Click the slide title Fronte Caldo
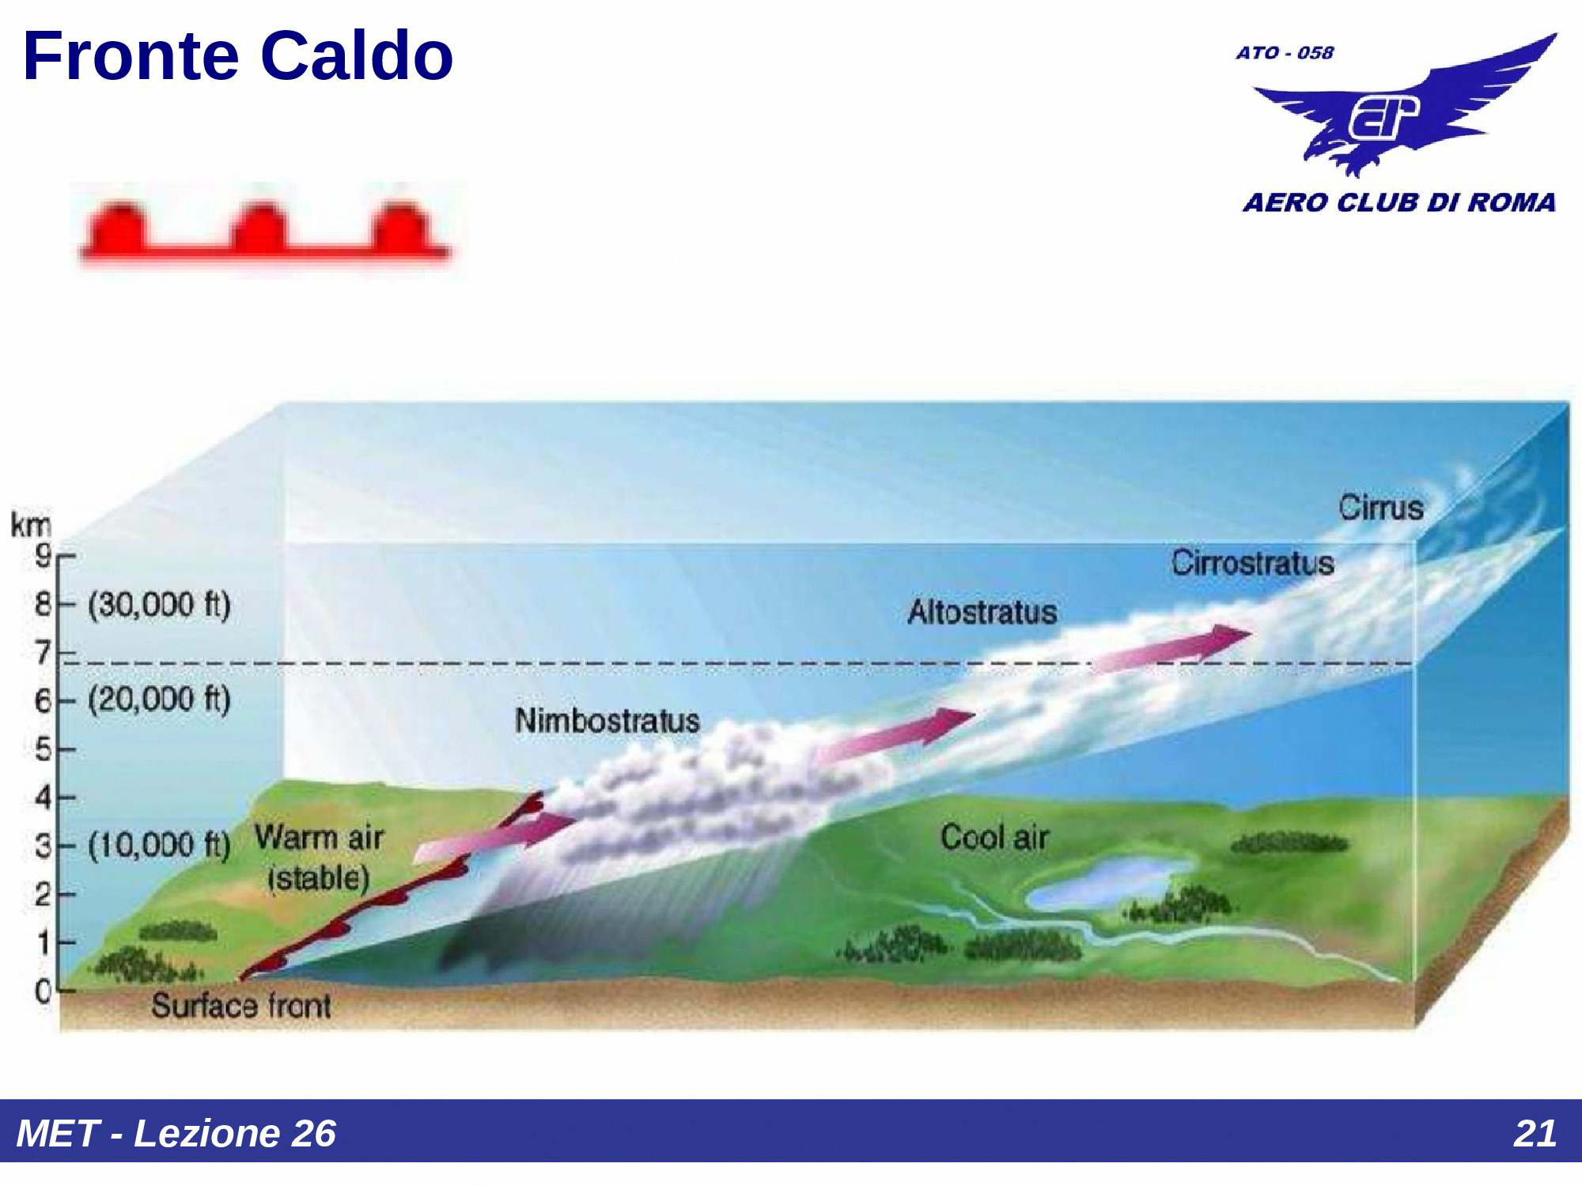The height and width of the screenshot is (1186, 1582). coord(238,56)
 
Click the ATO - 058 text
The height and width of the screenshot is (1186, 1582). coord(1285,53)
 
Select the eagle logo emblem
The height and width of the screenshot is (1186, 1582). coord(1405,107)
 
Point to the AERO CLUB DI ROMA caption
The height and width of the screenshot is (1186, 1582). coord(1399,202)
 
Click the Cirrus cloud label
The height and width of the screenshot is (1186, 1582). coord(1381,508)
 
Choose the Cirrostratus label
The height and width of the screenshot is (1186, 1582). coord(1253,563)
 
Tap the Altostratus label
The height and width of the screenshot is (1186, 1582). coord(982,612)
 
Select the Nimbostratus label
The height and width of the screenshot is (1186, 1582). coord(607,720)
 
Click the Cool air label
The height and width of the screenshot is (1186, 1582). coord(994,837)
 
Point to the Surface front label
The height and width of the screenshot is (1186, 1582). coord(241,1006)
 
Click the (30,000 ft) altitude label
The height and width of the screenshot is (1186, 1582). coord(159,605)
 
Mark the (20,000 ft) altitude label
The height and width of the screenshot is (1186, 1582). coord(159,700)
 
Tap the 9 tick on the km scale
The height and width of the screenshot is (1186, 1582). coord(44,555)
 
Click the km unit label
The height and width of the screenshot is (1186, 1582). coord(31,524)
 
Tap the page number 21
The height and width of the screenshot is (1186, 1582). coord(1535,1133)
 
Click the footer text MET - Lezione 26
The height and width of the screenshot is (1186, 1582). coord(176,1133)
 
